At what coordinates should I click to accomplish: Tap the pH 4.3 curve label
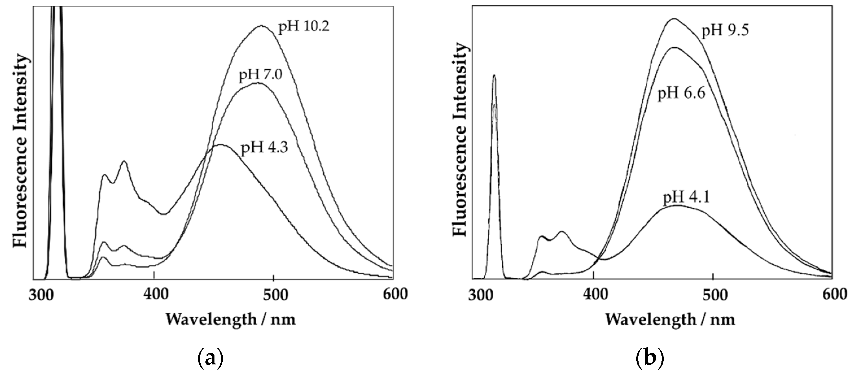point(264,148)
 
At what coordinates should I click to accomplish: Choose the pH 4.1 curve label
point(686,198)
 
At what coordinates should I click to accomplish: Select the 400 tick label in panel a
point(154,294)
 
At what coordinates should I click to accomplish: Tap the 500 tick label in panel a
point(273,294)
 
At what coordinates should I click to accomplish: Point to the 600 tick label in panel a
point(393,294)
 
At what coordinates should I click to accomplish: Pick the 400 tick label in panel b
point(593,294)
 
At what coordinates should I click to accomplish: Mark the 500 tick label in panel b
point(713,294)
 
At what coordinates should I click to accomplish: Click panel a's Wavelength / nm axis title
point(231,320)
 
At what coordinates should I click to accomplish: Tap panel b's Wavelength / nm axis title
point(670,320)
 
